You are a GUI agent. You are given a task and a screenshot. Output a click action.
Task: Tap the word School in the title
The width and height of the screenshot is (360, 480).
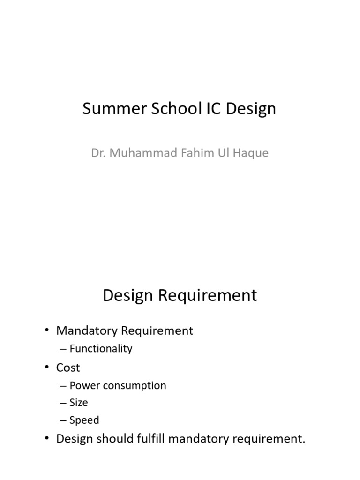[165, 109]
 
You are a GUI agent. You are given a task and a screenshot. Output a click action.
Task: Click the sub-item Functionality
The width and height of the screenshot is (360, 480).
[101, 349]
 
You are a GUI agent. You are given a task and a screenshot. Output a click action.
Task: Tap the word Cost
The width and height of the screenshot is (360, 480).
[68, 367]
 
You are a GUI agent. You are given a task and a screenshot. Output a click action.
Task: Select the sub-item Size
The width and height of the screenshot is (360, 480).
[79, 403]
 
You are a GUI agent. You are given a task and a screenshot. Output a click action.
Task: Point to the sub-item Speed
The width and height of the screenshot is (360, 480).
[84, 420]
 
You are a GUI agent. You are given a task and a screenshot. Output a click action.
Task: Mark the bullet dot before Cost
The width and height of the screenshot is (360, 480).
[47, 367]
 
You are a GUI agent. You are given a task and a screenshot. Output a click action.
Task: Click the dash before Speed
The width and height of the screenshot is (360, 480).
[63, 420]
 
